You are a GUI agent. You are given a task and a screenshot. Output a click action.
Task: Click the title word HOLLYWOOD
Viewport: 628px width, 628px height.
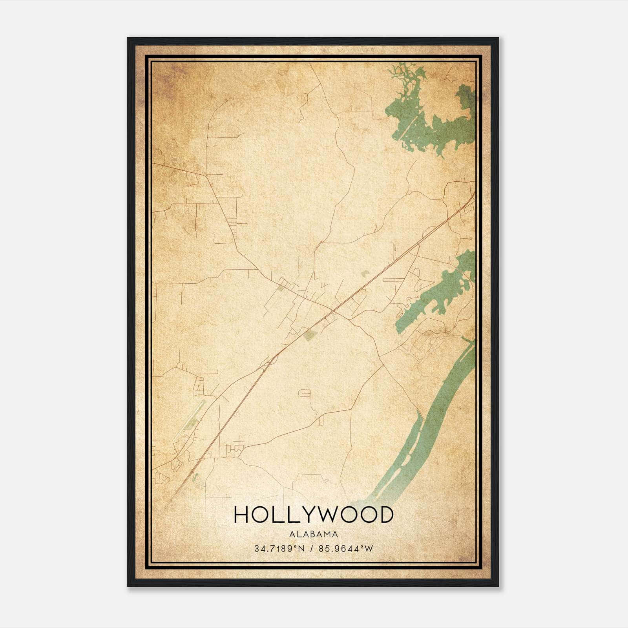[x=313, y=515]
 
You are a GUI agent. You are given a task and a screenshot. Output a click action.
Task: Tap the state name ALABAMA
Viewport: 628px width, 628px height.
[x=313, y=534]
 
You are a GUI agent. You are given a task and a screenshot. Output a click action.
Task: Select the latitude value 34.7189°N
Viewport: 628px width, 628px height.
[x=279, y=549]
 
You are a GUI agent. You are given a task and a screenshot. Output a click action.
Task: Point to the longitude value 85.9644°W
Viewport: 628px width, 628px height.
[x=345, y=549]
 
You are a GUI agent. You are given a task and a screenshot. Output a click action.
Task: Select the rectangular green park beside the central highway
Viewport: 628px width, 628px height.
[x=310, y=335]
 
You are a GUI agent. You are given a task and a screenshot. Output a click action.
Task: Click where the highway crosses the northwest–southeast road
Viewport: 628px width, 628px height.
[x=334, y=311]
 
